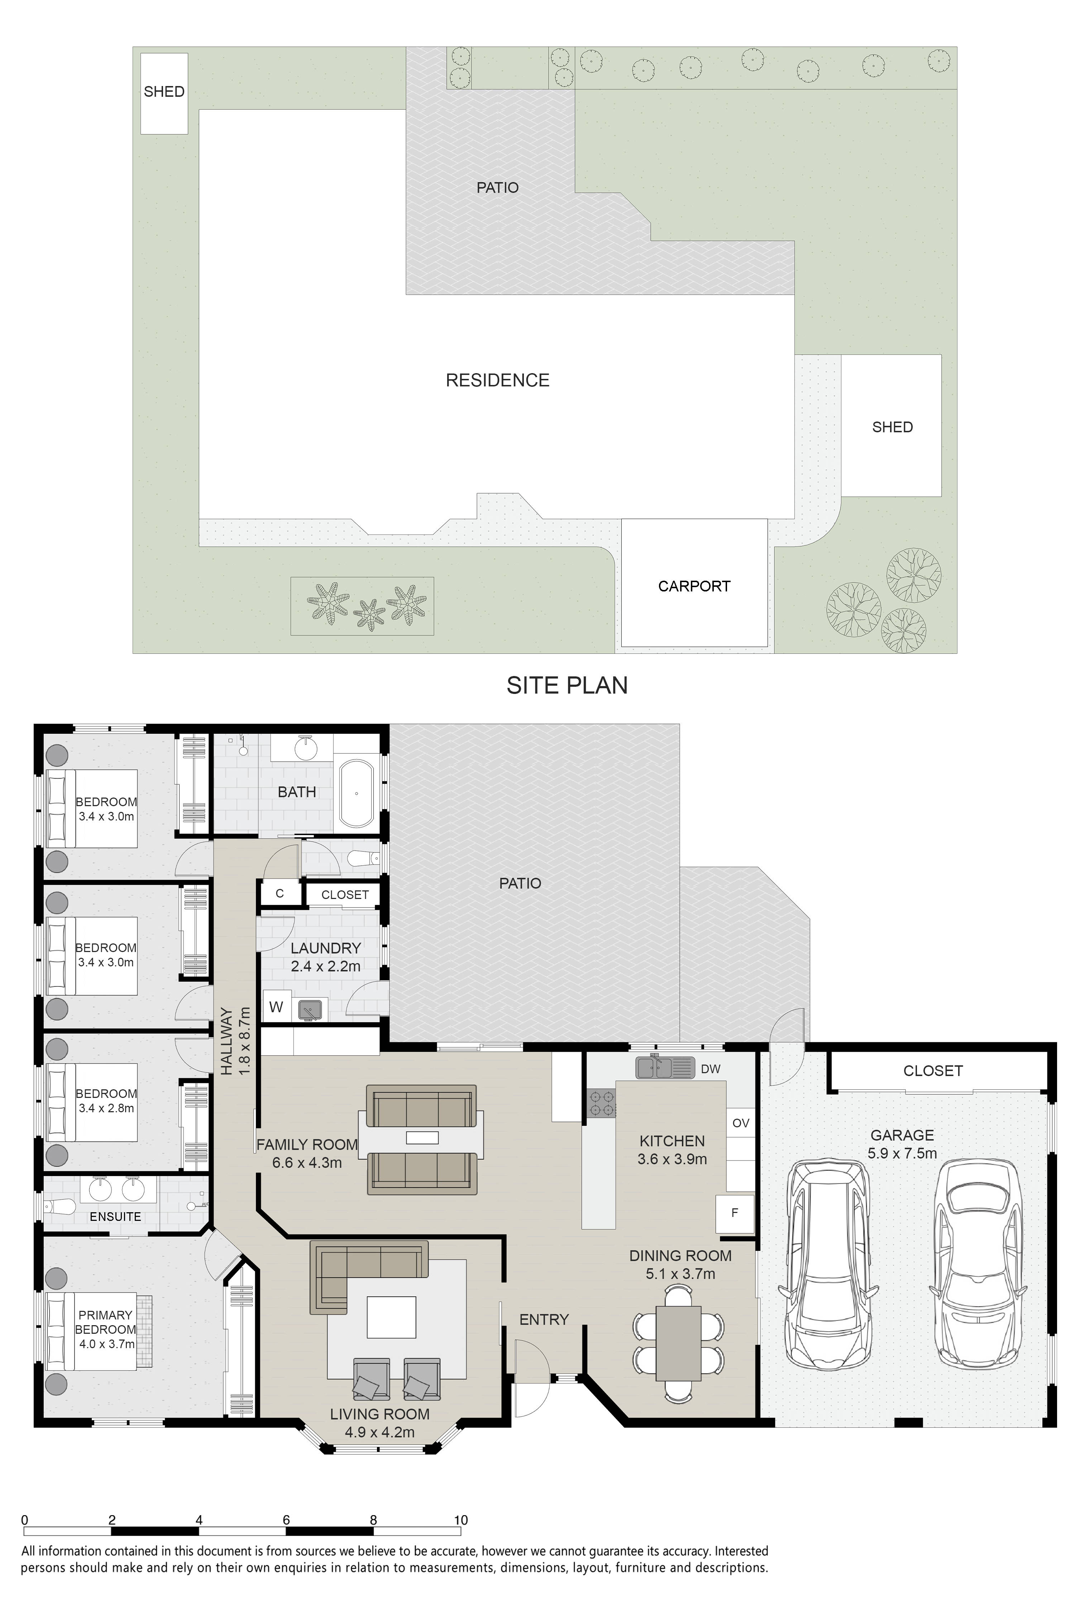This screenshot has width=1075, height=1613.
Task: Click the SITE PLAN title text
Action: coord(567,685)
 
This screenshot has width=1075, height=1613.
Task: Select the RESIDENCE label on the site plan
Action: coord(498,381)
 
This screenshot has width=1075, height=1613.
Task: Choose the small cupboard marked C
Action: coord(280,894)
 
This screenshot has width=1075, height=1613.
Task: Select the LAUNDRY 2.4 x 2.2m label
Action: coord(326,957)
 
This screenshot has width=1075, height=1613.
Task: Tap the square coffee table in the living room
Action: coord(391,1317)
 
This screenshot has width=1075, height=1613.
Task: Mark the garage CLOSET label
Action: coord(933,1071)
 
